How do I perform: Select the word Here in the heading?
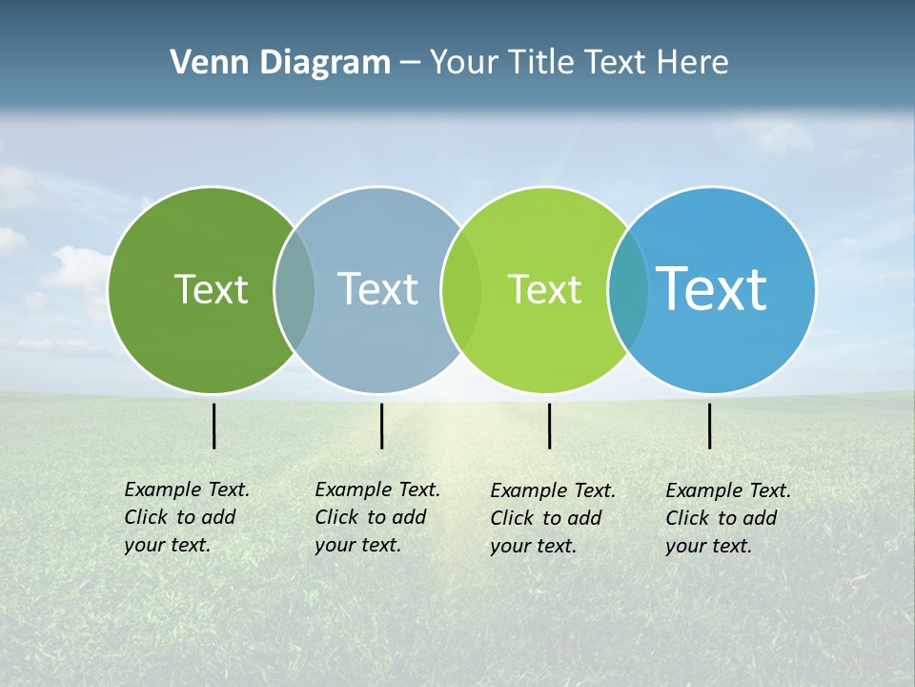tap(692, 63)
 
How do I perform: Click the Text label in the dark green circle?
tap(211, 289)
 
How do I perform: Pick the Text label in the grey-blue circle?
tap(377, 289)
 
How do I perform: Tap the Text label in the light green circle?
tap(544, 289)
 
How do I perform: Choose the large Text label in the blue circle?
tap(711, 289)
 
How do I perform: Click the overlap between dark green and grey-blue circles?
tap(295, 289)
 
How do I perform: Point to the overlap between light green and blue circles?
tap(628, 289)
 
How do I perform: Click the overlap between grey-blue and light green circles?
tap(461, 289)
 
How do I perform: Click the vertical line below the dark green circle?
tap(213, 426)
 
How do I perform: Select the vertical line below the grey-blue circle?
tap(381, 426)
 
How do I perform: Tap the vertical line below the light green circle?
tap(549, 426)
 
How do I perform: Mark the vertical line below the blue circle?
tap(709, 426)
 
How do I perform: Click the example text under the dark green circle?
tap(187, 517)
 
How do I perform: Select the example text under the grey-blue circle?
tap(377, 517)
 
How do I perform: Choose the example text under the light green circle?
tap(553, 518)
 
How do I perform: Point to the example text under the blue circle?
tap(728, 518)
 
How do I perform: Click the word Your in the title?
tap(464, 63)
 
